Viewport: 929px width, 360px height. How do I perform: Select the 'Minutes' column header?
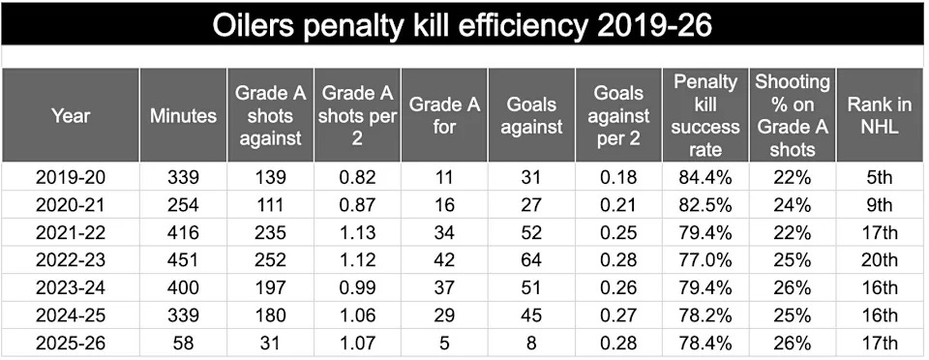pos(183,116)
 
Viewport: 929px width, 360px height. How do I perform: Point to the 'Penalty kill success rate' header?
pos(705,116)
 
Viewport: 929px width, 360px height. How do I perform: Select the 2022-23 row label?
pos(70,259)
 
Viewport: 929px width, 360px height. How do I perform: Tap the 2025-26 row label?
pos(70,342)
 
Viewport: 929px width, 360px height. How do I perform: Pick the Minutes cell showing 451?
pos(183,259)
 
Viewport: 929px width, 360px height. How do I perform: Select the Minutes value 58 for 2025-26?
pos(183,342)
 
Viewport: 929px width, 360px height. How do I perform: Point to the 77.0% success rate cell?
pos(705,259)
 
